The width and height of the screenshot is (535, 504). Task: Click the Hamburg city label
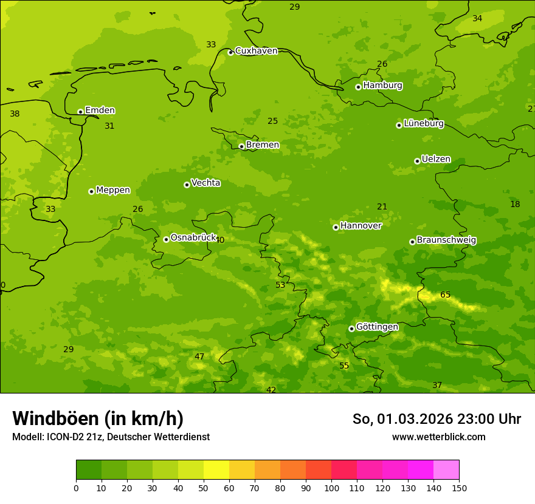382,86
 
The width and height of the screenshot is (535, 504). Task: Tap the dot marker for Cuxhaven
230,53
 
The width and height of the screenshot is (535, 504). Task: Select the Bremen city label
262,145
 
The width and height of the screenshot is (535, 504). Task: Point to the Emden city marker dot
80,112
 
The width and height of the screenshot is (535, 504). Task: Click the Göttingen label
377,327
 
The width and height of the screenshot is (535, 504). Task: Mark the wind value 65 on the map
445,295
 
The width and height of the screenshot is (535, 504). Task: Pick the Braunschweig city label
446,240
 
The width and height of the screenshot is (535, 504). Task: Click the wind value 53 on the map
280,285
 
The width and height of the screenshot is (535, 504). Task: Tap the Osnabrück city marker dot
166,239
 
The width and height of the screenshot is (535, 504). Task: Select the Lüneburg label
423,124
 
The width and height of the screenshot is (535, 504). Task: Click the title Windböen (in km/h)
98,418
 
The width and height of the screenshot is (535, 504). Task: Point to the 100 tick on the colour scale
331,488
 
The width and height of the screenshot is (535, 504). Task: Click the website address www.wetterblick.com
438,437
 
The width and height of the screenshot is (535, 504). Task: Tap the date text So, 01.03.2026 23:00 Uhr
437,419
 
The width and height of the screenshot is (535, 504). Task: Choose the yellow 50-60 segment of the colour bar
216,470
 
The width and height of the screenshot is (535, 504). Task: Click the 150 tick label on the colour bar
459,488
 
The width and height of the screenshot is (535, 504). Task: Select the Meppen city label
113,190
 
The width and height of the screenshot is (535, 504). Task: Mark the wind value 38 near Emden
15,114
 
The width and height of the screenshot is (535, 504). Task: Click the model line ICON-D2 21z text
111,437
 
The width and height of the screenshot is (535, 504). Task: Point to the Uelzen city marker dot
417,161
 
